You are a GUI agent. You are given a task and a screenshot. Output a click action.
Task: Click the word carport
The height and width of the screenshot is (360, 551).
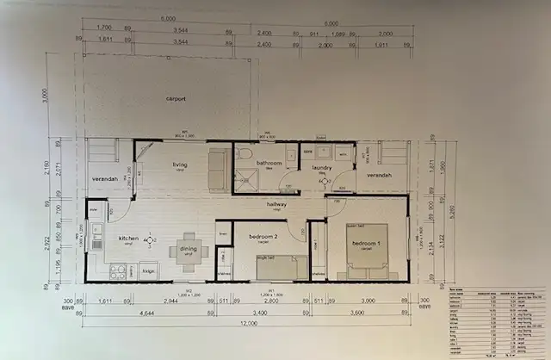176,99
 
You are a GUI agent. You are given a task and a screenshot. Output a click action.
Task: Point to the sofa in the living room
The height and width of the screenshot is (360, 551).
219,168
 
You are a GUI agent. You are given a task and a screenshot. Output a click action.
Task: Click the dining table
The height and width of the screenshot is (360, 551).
188,247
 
